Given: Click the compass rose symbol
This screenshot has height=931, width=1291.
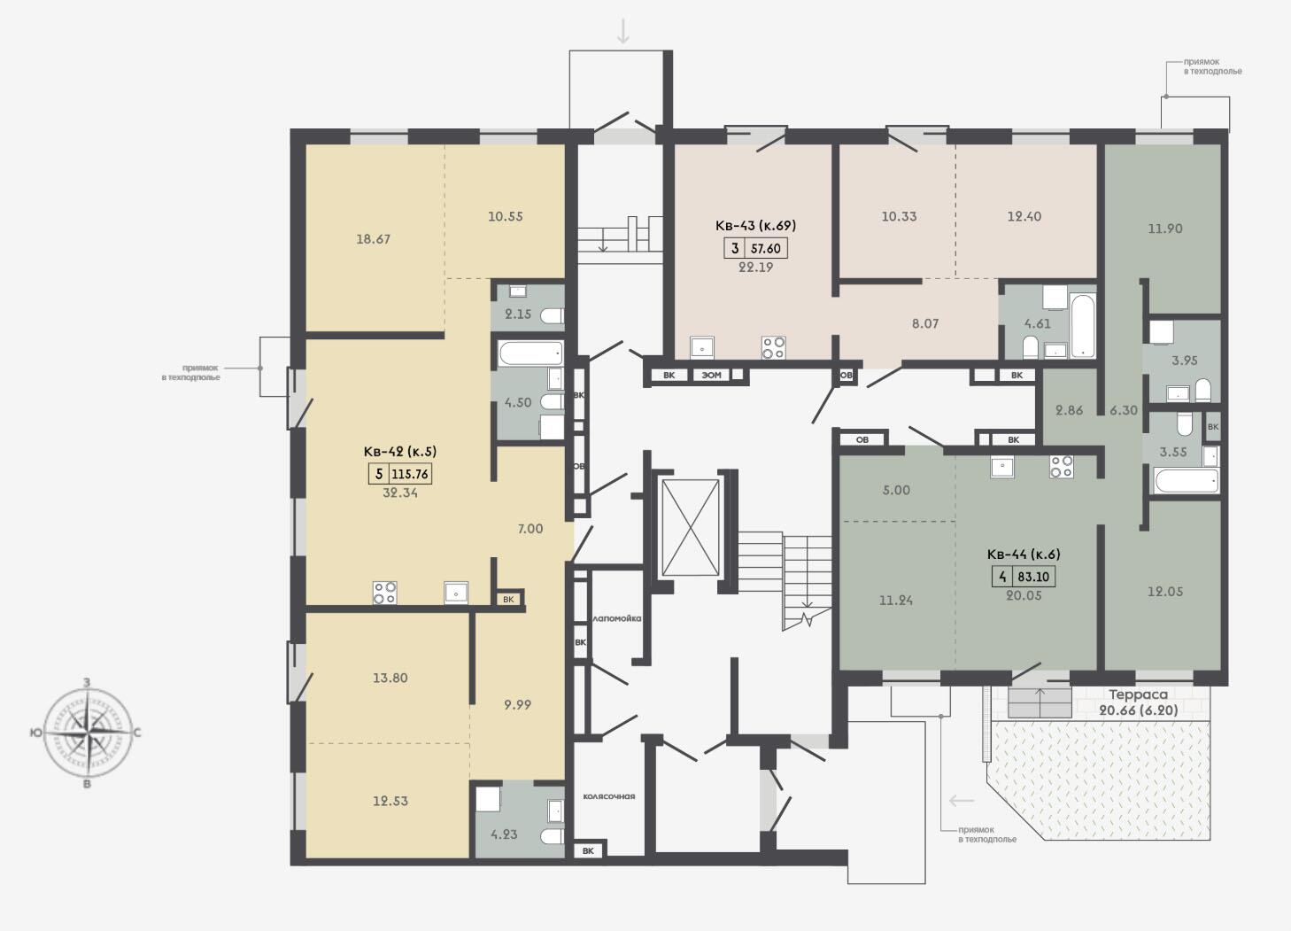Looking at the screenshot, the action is [88, 733].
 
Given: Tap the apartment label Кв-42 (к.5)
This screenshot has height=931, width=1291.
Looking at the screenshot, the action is [400, 452].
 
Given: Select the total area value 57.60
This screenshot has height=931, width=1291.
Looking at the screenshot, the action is [765, 248].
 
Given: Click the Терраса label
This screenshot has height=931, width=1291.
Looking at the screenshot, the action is [1139, 694].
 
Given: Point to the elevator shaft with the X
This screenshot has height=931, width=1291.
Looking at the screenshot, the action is [691, 528].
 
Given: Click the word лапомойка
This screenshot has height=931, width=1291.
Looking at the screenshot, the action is [616, 618].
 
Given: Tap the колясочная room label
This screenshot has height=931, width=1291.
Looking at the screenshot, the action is [608, 796].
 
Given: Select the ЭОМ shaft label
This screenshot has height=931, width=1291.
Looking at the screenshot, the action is [711, 375].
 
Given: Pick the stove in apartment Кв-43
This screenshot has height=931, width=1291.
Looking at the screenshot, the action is [773, 347].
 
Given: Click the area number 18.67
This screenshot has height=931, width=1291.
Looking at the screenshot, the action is [373, 238].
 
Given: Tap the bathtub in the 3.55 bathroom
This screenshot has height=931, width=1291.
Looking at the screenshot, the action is [1186, 481].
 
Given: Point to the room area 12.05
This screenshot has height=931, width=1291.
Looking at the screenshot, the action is [1164, 592].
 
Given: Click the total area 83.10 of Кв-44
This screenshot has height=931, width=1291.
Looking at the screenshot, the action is [1033, 577].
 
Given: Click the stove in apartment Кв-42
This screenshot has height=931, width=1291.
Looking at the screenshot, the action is [384, 592].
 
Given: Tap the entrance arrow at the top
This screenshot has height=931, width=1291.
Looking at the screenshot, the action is [622, 31].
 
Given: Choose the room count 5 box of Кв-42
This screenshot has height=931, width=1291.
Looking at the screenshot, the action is [379, 474].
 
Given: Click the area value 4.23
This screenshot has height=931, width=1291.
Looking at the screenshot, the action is [504, 834].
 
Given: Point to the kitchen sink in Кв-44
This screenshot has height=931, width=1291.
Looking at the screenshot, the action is [1002, 466].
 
